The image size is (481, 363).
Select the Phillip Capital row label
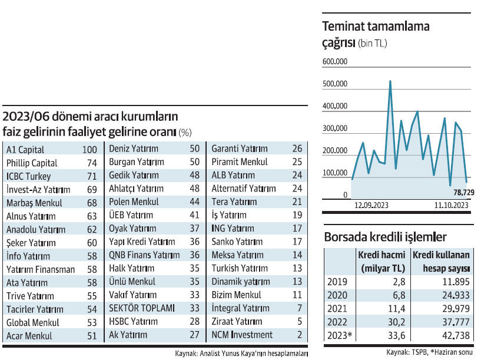pos(32,163)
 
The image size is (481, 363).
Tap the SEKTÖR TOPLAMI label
pos(142,308)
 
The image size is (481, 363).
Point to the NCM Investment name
pos(242,335)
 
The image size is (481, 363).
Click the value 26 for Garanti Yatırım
pos(297,148)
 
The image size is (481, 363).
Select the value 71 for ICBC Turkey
pos(92,176)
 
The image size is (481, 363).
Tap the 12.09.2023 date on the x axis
pos(371,206)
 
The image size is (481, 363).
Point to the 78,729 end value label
pos(463,193)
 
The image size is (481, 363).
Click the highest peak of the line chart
pos(390,81)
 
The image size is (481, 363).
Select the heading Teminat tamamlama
pos(376,27)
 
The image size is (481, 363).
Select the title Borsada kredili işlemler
pos(385,237)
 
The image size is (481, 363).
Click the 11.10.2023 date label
pos(452,206)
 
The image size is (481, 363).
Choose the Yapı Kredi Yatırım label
pos(142,242)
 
